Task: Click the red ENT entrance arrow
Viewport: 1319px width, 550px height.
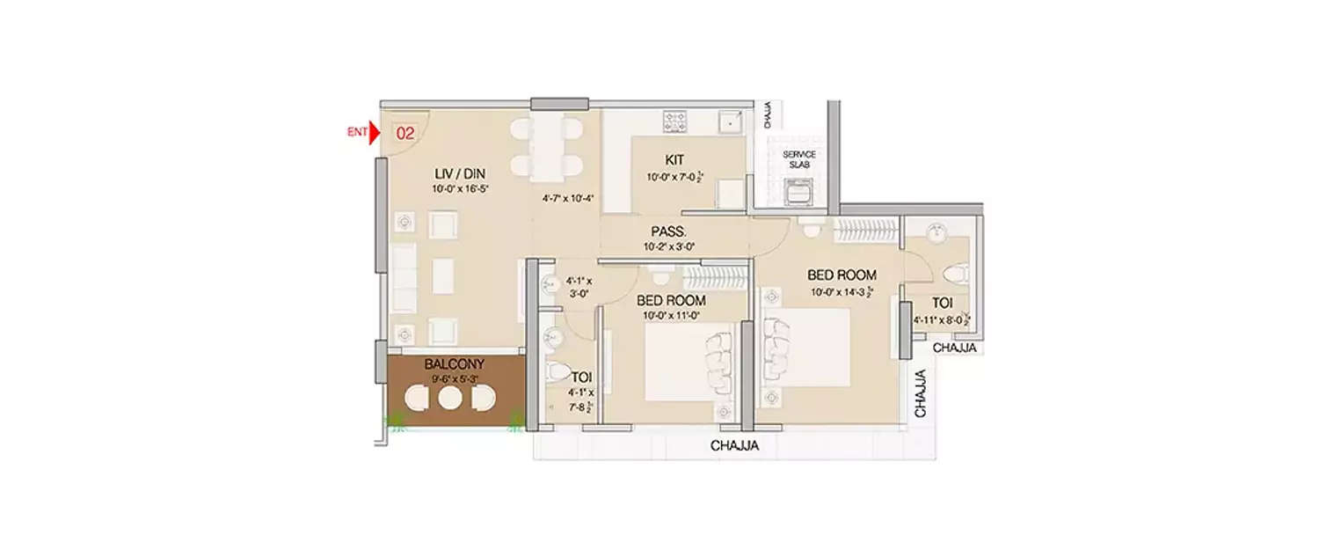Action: [374, 134]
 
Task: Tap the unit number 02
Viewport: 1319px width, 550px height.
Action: [405, 135]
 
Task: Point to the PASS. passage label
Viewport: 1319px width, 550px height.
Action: [669, 231]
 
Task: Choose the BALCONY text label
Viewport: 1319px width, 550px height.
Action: [454, 363]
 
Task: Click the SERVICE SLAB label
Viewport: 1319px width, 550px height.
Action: [799, 160]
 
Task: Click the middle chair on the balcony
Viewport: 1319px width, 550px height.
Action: [450, 399]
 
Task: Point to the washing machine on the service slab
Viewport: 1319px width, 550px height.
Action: [800, 191]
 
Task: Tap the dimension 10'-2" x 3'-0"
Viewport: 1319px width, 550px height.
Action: [669, 247]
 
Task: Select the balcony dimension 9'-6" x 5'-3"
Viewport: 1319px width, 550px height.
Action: [454, 379]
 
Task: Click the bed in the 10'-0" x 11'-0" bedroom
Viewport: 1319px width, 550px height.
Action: [686, 361]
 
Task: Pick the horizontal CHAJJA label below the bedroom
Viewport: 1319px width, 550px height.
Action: [734, 446]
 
